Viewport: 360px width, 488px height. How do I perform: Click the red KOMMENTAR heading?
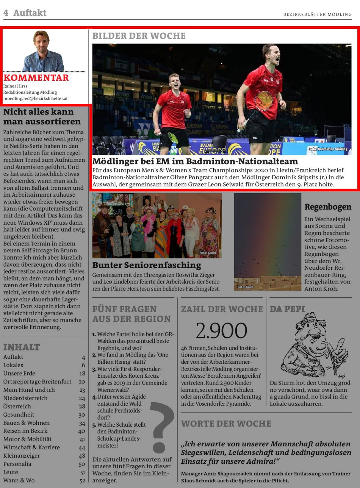[36, 78]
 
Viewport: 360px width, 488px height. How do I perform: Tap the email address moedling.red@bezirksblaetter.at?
[35, 99]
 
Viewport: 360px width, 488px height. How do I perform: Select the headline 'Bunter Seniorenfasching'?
[147, 265]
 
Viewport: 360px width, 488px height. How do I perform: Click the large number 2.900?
[221, 330]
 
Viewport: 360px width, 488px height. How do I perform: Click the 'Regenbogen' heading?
[328, 207]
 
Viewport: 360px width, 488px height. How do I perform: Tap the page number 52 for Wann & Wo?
[82, 480]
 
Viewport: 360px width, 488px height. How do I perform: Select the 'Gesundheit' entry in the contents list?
[19, 414]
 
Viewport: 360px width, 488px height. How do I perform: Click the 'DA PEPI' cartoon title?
[287, 309]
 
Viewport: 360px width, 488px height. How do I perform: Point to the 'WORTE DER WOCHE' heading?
[226, 424]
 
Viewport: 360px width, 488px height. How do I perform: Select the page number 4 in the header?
[6, 13]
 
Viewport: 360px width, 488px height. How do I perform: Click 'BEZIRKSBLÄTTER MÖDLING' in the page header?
[317, 14]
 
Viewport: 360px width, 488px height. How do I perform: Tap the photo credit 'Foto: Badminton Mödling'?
[328, 149]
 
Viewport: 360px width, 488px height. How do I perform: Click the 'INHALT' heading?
[22, 347]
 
